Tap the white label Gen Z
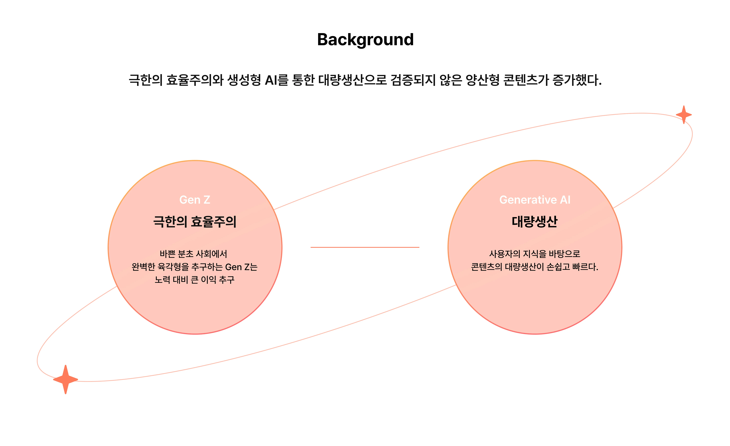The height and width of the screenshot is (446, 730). pos(195,200)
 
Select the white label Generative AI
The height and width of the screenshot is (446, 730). pos(535,200)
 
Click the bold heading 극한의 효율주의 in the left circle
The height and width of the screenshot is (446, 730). pos(195,221)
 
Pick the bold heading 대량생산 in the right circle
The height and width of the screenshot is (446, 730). pos(535,221)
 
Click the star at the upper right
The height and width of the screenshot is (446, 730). pos(684,114)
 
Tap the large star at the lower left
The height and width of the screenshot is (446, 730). pos(66,379)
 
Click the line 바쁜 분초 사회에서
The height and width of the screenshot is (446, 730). pos(193,254)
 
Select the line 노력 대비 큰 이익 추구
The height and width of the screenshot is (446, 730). pos(195,280)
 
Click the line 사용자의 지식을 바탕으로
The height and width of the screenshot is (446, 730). pos(535,254)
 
